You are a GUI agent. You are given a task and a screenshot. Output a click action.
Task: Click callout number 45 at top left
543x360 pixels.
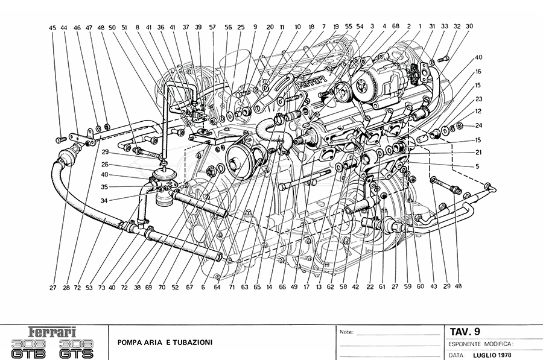pyautogui.click(x=52, y=28)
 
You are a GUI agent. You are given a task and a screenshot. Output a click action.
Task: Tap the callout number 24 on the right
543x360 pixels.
pyautogui.click(x=479, y=125)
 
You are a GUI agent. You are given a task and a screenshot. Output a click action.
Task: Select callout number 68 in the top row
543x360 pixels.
pyautogui.click(x=396, y=27)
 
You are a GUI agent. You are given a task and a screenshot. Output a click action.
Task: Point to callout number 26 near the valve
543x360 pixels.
pyautogui.click(x=104, y=164)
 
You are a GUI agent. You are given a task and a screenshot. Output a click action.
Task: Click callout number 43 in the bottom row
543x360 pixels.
pyautogui.click(x=433, y=288)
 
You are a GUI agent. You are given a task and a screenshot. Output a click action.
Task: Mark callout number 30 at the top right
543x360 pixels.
pyautogui.click(x=469, y=27)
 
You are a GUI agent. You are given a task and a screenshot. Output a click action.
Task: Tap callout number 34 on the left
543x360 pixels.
pyautogui.click(x=104, y=201)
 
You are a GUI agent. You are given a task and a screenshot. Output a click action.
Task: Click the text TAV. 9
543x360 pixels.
pyautogui.click(x=465, y=330)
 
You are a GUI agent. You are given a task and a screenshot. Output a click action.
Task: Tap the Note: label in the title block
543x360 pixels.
pyautogui.click(x=346, y=332)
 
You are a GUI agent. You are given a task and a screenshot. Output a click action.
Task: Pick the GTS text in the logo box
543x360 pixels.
pyautogui.click(x=78, y=353)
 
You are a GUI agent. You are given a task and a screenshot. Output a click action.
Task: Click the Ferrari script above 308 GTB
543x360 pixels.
pyautogui.click(x=54, y=332)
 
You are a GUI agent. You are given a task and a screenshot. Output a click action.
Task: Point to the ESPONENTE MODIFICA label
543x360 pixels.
pyautogui.click(x=479, y=343)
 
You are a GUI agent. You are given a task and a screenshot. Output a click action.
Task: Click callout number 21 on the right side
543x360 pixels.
pyautogui.click(x=477, y=153)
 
